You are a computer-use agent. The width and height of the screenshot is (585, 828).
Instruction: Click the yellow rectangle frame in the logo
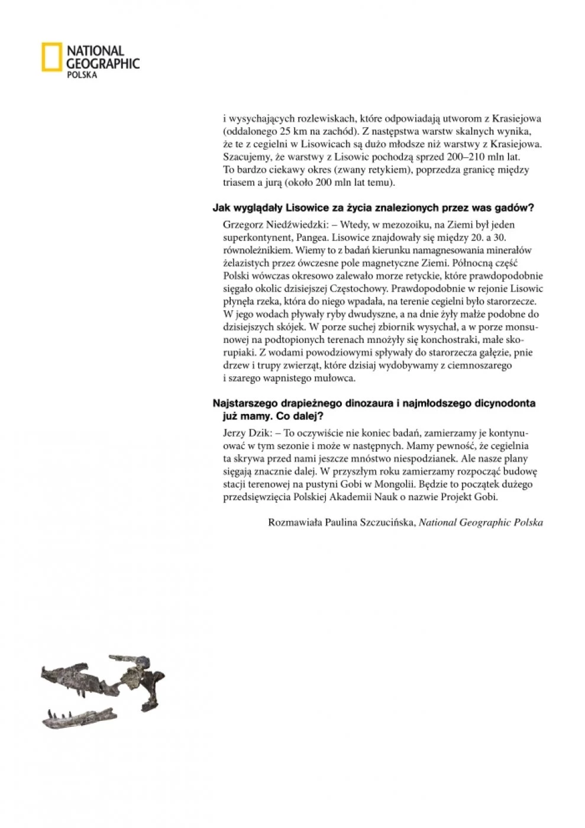pyautogui.click(x=51, y=57)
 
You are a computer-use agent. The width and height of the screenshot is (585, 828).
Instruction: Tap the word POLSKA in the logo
pyautogui.click(x=82, y=75)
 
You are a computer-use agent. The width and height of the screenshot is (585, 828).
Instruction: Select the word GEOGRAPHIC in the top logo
pyautogui.click(x=103, y=63)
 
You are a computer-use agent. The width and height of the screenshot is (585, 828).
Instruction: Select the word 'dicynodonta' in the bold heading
pyautogui.click(x=505, y=403)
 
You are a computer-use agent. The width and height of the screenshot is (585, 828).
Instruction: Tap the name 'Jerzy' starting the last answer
pyautogui.click(x=235, y=433)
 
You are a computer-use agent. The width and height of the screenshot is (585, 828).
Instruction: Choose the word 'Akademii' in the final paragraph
pyautogui.click(x=357, y=497)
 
